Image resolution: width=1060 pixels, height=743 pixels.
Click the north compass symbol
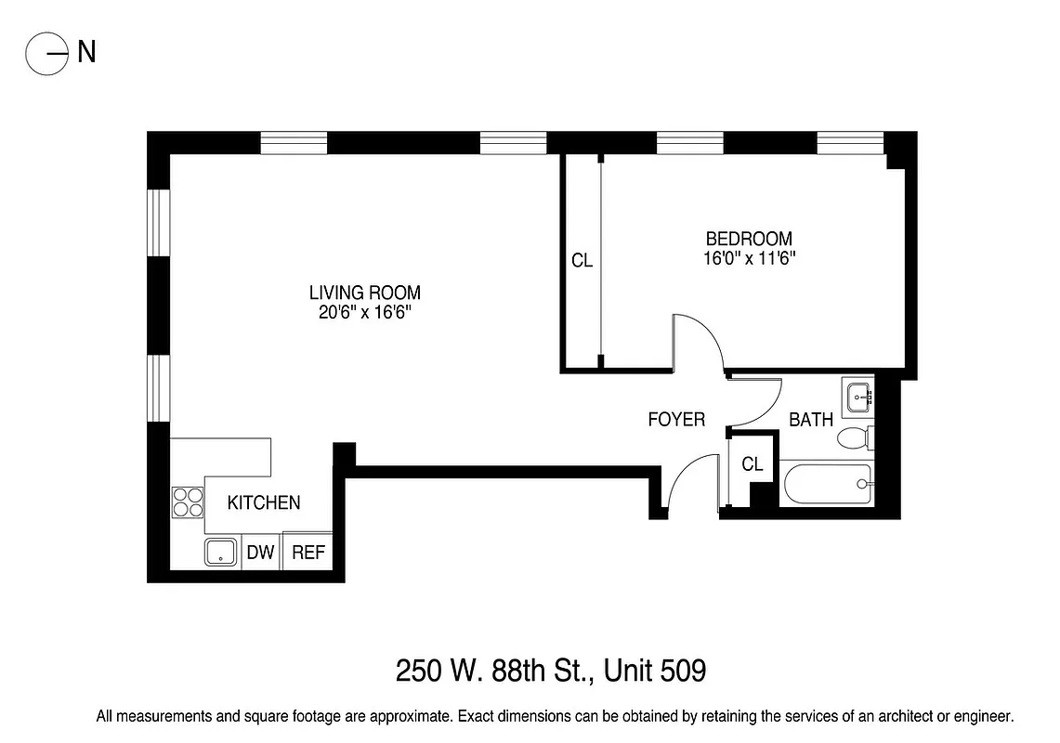pos(48,53)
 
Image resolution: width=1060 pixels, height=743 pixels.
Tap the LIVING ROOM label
pos(364,293)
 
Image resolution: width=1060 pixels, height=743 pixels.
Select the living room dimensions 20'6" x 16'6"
pos(364,314)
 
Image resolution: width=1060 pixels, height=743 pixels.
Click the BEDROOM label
pos(749,239)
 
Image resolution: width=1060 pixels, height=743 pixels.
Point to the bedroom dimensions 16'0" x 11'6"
pos(749,259)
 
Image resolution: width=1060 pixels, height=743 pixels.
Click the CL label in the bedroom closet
pos(582,261)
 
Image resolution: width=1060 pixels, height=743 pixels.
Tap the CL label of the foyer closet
pos(752,464)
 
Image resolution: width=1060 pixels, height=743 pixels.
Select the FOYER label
pos(676,420)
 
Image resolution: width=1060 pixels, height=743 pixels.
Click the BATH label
pos(810,420)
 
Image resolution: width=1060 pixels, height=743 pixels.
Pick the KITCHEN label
pos(265,502)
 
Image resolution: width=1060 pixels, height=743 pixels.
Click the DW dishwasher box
pos(261,553)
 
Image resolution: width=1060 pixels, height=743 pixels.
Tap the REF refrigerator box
pos(308,553)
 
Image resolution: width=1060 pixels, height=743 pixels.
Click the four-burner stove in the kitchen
pos(187,502)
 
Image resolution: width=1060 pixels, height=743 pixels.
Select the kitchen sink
pos(221,553)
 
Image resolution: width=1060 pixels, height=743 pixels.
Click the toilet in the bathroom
pos(854,437)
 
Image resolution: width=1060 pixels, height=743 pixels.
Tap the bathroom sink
pos(857,397)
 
